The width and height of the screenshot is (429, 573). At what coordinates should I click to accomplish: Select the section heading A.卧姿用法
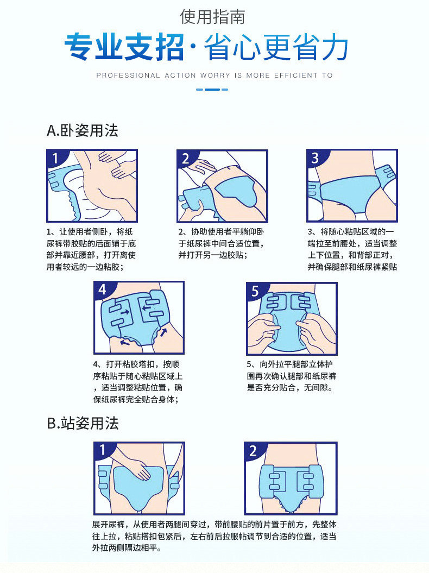(x=83, y=130)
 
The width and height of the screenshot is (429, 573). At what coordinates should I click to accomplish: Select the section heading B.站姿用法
(x=83, y=423)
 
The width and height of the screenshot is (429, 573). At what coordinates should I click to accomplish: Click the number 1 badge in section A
(x=55, y=158)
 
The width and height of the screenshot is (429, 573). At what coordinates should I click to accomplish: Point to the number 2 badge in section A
(x=186, y=159)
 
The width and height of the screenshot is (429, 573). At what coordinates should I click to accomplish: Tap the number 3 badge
(x=315, y=158)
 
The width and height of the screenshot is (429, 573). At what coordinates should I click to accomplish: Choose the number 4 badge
(x=102, y=289)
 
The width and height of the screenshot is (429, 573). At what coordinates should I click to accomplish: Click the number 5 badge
(x=255, y=291)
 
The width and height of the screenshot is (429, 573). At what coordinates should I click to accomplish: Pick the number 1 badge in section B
(x=103, y=450)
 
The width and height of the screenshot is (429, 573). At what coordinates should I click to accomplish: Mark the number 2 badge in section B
(x=253, y=451)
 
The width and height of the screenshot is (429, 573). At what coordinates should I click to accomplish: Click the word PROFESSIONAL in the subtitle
(x=128, y=75)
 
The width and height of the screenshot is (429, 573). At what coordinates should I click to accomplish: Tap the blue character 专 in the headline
(x=79, y=47)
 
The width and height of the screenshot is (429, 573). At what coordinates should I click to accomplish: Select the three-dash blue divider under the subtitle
(x=212, y=89)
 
